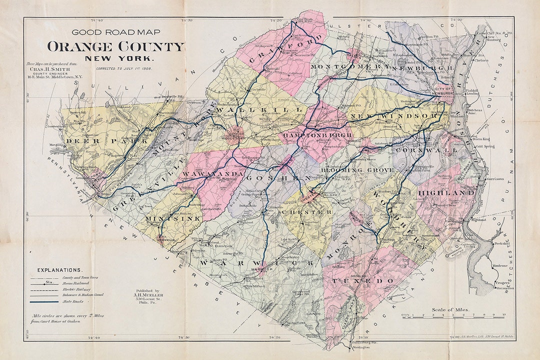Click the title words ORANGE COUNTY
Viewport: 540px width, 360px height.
(x=115, y=47)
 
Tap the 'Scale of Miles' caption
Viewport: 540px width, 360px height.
(x=451, y=309)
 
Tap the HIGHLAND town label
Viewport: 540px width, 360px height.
(x=446, y=192)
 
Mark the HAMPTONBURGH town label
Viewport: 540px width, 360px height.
(x=317, y=135)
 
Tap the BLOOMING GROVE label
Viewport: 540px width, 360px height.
(x=357, y=170)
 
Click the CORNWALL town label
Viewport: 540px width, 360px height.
(x=426, y=150)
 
